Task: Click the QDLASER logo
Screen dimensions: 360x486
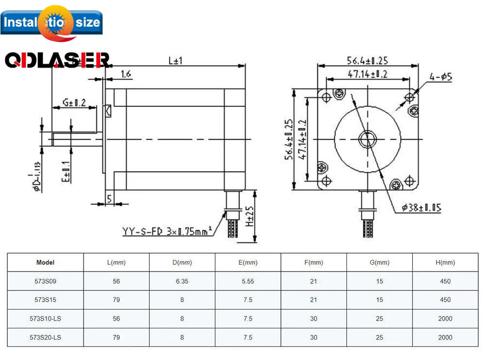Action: pos(57,60)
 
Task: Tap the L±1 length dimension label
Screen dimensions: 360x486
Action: pos(175,61)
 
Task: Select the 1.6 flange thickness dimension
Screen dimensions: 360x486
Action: pos(125,74)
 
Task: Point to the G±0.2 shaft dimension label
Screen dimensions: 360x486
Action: pos(74,103)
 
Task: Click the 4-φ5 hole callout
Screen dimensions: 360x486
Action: pos(440,77)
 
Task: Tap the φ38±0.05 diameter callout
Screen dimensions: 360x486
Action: pos(421,208)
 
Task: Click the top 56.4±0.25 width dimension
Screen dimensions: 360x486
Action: pos(367,61)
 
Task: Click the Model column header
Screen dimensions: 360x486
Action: pos(45,262)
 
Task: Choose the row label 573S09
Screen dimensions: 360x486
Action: pos(45,281)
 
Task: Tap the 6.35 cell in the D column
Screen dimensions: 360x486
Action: pos(182,281)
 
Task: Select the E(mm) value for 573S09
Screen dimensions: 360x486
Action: pos(248,281)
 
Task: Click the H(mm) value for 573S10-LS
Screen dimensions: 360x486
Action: pos(445,319)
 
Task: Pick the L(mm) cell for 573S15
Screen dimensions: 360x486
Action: pos(116,300)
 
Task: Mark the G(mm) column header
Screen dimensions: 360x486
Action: pos(379,262)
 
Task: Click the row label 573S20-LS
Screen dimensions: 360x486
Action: pos(45,337)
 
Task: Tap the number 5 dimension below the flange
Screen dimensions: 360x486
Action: pos(109,198)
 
